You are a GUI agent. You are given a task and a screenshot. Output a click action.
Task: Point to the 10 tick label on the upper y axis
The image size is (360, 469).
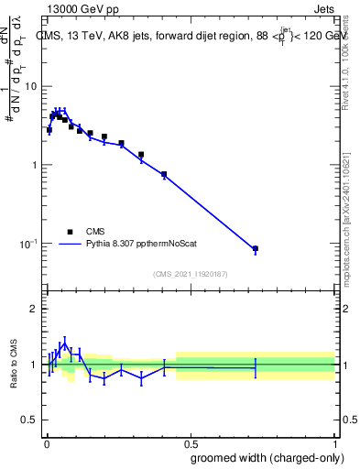[x=30, y=86]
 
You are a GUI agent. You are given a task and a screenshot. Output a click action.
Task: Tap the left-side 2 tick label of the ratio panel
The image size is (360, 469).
[x=33, y=309]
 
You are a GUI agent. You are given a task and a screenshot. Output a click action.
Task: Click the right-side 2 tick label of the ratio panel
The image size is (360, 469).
[x=345, y=309]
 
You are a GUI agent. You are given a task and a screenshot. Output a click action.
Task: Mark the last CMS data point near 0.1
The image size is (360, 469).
[x=256, y=248]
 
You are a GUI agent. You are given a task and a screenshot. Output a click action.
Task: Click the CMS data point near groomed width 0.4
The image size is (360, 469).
[x=164, y=174]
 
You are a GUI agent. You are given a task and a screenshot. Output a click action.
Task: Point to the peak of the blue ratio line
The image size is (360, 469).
[x=64, y=342]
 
